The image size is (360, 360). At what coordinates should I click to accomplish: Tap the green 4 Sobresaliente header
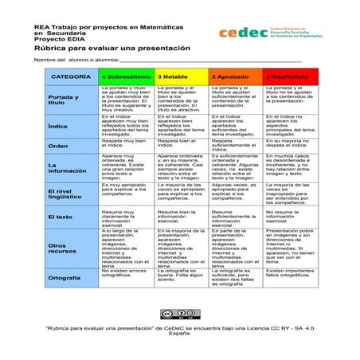click(127, 77)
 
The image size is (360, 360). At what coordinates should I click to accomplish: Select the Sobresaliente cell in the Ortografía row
click(127, 276)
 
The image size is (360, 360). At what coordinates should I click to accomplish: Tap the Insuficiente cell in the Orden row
click(291, 145)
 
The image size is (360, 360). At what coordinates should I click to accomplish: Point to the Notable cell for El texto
click(182, 217)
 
